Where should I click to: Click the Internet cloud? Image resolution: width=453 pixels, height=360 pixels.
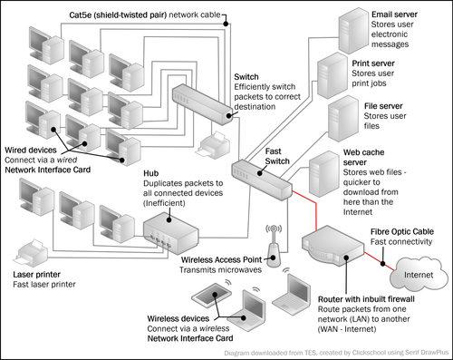coord(419,273)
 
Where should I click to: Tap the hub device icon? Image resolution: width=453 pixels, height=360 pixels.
coord(170,233)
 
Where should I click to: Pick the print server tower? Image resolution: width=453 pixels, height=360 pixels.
coord(333,75)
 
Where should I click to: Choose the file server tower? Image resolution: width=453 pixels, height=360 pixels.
coord(343,119)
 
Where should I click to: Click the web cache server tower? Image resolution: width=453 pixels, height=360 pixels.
coord(324,174)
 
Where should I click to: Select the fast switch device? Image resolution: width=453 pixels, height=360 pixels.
coord(262,180)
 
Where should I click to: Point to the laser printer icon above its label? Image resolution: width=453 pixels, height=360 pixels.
coord(31,252)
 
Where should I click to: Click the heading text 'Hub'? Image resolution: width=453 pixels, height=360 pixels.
coord(150,173)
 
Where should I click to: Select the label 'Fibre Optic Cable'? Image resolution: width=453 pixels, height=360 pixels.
coord(402,232)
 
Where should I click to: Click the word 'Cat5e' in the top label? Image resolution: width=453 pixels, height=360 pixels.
coord(81,15)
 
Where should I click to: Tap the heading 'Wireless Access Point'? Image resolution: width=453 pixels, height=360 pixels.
coord(221,259)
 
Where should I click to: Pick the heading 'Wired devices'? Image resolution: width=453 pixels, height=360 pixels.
coord(31,150)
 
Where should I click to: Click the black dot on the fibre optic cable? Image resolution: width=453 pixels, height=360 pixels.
coord(383,263)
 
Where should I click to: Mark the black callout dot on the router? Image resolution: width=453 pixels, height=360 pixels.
coord(346,258)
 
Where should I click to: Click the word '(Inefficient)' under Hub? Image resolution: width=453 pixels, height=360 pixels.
coord(164,203)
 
